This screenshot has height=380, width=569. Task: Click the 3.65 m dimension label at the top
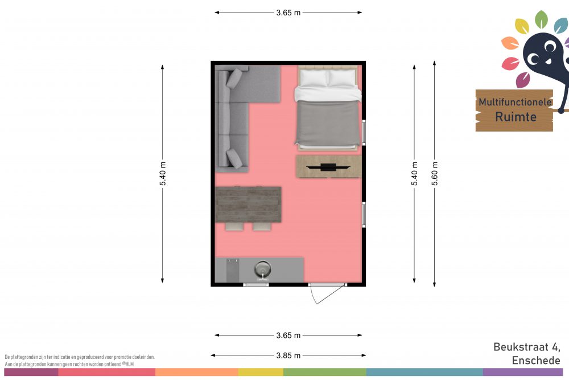tap(288, 13)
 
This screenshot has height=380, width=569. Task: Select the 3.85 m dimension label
tap(288, 356)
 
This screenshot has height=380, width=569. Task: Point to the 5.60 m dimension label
tap(435, 173)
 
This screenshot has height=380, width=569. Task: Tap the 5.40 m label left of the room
tap(163, 173)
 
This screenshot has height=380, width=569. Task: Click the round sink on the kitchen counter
tap(262, 270)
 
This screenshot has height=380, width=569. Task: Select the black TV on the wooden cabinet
tap(328, 167)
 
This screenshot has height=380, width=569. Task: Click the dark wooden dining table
tap(248, 204)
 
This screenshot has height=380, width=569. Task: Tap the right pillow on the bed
tap(341, 78)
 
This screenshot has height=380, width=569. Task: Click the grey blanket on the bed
tap(328, 124)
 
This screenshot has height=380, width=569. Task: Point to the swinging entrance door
tap(327, 293)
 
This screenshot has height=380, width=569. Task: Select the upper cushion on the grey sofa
tap(234, 78)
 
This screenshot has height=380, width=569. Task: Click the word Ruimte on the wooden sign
tap(516, 117)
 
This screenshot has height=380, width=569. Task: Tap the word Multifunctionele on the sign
tap(516, 102)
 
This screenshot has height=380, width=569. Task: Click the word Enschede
tap(536, 361)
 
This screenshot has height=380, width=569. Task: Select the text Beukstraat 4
tap(526, 347)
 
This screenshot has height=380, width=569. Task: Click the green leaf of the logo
tap(541, 19)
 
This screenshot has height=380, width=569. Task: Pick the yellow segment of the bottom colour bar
tap(261, 372)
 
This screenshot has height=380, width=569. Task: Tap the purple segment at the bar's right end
tap(523, 372)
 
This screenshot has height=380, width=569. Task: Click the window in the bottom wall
tap(256, 284)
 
